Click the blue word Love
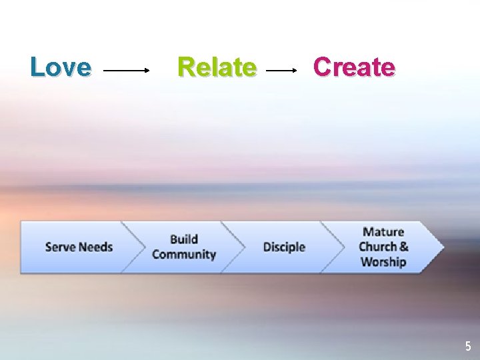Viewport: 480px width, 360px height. click(61, 67)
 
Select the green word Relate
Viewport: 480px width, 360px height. click(217, 67)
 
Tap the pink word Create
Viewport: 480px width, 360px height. click(354, 67)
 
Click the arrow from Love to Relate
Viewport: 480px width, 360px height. click(127, 69)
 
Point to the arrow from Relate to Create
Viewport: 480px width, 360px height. click(282, 69)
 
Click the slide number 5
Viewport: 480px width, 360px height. click(468, 346)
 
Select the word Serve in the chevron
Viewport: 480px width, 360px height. click(60, 247)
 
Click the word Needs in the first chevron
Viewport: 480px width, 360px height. click(96, 247)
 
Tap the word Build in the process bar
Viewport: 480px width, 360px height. click(184, 239)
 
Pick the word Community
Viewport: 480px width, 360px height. click(184, 255)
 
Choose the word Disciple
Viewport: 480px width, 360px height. click(284, 247)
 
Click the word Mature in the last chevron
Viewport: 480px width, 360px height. click(383, 232)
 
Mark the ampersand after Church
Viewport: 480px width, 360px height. click(404, 247)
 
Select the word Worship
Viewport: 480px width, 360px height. click(383, 261)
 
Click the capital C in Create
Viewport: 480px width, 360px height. click(323, 67)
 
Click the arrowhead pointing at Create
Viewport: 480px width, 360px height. click(295, 69)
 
